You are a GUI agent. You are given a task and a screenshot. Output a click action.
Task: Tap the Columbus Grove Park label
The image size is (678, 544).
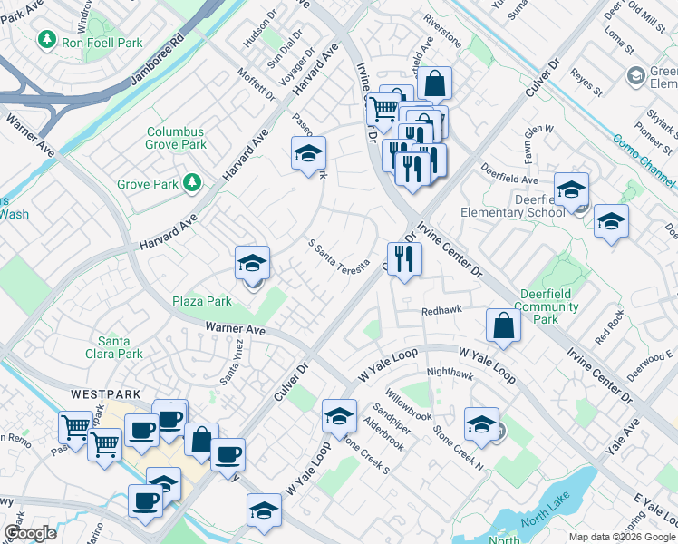coord(177,138)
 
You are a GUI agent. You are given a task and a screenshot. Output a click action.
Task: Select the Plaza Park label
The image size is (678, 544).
coord(203,300)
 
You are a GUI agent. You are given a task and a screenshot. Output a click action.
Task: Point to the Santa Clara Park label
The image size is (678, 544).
coord(114,347)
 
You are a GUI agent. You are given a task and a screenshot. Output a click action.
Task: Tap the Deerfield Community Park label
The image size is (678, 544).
coord(549,306)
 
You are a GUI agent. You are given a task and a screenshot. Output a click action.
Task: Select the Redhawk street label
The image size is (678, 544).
coord(442,310)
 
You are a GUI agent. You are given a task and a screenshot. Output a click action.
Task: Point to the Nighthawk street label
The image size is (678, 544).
coord(450,372)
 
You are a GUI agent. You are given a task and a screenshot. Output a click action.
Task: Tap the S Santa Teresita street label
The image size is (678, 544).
coord(339,257)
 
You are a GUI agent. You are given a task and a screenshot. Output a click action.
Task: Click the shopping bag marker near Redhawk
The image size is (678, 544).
coord(503,325)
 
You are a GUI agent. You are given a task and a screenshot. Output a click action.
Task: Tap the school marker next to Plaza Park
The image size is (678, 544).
coord(252,263)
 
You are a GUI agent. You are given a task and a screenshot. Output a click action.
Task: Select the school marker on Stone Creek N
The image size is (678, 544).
coord(481,424)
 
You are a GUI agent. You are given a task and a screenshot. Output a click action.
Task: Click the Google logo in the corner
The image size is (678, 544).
coord(30,533)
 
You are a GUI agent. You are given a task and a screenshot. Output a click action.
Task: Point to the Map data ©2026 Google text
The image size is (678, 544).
coord(621,537)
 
